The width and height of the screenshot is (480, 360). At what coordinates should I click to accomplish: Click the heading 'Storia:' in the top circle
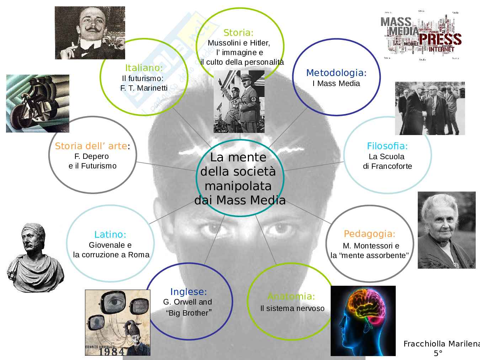click(238, 33)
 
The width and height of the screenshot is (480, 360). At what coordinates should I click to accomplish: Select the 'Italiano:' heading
click(144, 68)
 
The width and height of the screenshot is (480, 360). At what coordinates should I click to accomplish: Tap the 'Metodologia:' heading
click(336, 73)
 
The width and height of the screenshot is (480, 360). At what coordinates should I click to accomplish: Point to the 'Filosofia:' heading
click(387, 146)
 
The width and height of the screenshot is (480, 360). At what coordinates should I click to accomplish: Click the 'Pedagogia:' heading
click(369, 234)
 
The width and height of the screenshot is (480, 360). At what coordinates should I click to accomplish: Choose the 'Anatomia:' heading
click(291, 296)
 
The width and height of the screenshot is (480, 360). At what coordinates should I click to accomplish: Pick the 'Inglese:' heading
click(188, 292)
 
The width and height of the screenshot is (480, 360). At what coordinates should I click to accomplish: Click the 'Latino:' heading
click(110, 235)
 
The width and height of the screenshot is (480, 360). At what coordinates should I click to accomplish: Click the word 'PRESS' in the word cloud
click(440, 39)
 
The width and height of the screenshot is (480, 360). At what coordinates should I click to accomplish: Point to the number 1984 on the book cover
click(112, 351)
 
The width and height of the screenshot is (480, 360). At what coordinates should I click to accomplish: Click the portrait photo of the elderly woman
click(446, 230)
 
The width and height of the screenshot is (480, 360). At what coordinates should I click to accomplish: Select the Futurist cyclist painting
click(38, 103)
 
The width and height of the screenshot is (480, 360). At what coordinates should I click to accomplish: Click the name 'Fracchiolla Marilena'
click(441, 344)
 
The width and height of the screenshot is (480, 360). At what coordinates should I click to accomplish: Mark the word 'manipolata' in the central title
click(238, 186)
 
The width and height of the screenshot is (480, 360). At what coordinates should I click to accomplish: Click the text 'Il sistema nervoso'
click(292, 308)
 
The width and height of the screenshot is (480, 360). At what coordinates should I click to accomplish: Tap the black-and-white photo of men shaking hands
click(430, 108)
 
